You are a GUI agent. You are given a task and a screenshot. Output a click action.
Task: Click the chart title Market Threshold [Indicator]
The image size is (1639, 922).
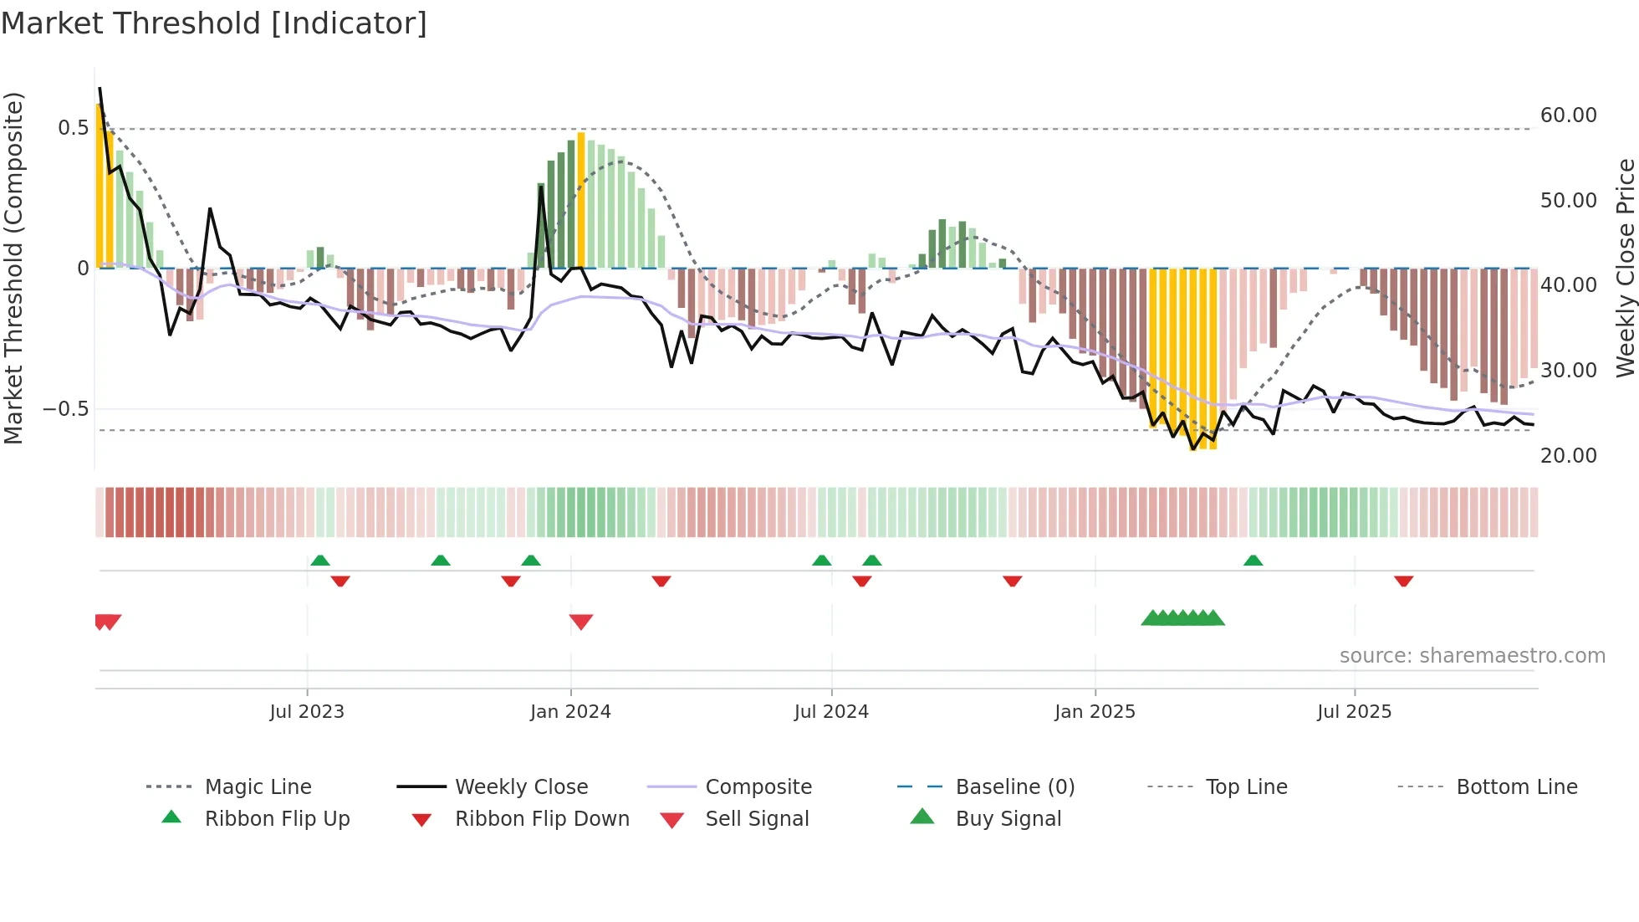click(214, 23)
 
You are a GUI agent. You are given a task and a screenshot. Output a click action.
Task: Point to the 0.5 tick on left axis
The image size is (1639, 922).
click(73, 128)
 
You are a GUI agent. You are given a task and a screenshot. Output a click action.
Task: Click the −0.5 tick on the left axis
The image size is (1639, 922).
click(66, 409)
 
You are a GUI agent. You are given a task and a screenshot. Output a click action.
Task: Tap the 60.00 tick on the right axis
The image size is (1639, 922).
click(1568, 115)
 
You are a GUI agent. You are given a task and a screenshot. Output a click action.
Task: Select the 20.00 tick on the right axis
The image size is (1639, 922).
click(1568, 456)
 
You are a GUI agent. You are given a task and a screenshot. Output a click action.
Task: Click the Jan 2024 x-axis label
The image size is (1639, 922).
click(570, 712)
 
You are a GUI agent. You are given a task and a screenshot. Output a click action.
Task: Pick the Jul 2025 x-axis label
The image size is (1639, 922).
click(1354, 712)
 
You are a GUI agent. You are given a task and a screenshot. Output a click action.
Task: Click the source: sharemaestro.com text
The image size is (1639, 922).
click(1472, 656)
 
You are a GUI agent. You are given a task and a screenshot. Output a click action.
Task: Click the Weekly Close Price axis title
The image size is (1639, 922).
click(1625, 268)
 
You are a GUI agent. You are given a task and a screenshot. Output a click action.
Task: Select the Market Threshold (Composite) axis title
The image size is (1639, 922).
click(13, 268)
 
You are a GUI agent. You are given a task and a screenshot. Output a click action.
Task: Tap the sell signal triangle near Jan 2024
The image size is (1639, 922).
click(581, 622)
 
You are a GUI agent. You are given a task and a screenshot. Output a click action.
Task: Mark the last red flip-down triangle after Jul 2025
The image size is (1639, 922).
click(1403, 581)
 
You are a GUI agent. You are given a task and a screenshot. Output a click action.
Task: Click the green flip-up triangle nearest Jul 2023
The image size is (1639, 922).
click(319, 561)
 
